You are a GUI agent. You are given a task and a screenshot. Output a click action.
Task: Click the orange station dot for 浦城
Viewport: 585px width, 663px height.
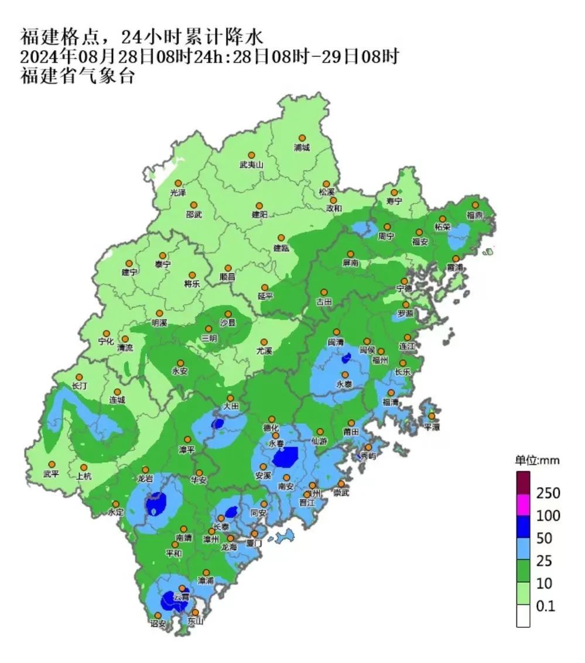coord(302,138)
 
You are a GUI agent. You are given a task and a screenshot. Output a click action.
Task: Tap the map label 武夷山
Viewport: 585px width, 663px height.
coord(251,165)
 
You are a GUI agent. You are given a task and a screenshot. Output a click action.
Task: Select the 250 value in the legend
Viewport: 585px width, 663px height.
coord(548,493)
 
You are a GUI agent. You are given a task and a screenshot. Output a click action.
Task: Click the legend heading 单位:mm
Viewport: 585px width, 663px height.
coord(537,461)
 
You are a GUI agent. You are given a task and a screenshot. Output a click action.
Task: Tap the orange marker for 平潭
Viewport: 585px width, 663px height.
coord(432,416)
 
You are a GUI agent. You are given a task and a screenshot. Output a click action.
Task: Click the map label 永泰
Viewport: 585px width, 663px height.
coord(344,384)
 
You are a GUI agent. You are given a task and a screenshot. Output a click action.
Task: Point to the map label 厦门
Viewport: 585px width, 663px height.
coord(254,543)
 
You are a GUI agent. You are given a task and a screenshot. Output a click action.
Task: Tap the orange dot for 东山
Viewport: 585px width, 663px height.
coord(195,612)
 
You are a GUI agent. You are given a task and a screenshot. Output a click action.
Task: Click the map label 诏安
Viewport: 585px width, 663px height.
coord(158,624)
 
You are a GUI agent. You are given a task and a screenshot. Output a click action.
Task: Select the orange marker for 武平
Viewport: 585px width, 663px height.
coord(52,465)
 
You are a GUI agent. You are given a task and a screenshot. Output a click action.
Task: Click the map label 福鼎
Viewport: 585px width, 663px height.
coord(475,215)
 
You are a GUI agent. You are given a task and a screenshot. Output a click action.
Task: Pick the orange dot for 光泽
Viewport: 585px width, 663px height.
coord(178,183)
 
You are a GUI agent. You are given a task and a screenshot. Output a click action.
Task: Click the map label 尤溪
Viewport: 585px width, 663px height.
coord(264,351)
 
